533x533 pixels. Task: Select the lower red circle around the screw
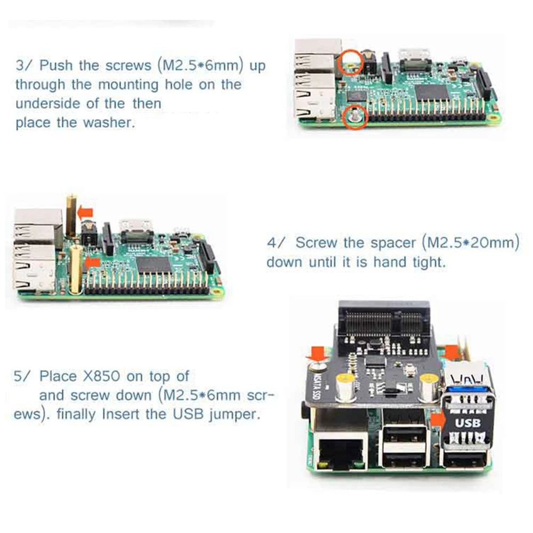pyautogui.click(x=354, y=117)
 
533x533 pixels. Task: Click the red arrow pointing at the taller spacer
pyautogui.click(x=84, y=212)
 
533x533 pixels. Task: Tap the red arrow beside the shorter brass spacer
pyautogui.click(x=92, y=262)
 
